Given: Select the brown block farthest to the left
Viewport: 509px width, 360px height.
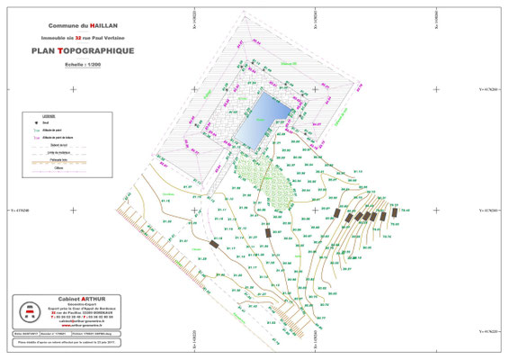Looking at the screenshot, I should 214,245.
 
